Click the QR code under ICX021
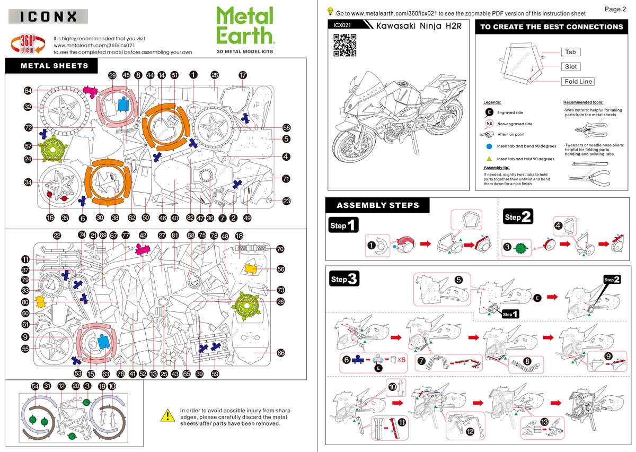coord(344,45)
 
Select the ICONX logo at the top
coord(48,16)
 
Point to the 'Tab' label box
coord(570,52)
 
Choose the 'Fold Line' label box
coord(578,82)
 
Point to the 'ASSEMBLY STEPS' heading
coord(377,205)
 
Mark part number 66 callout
coord(281,353)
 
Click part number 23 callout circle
coord(286,201)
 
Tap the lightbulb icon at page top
coord(330,11)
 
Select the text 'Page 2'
coord(615,9)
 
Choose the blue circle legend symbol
coord(490,146)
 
